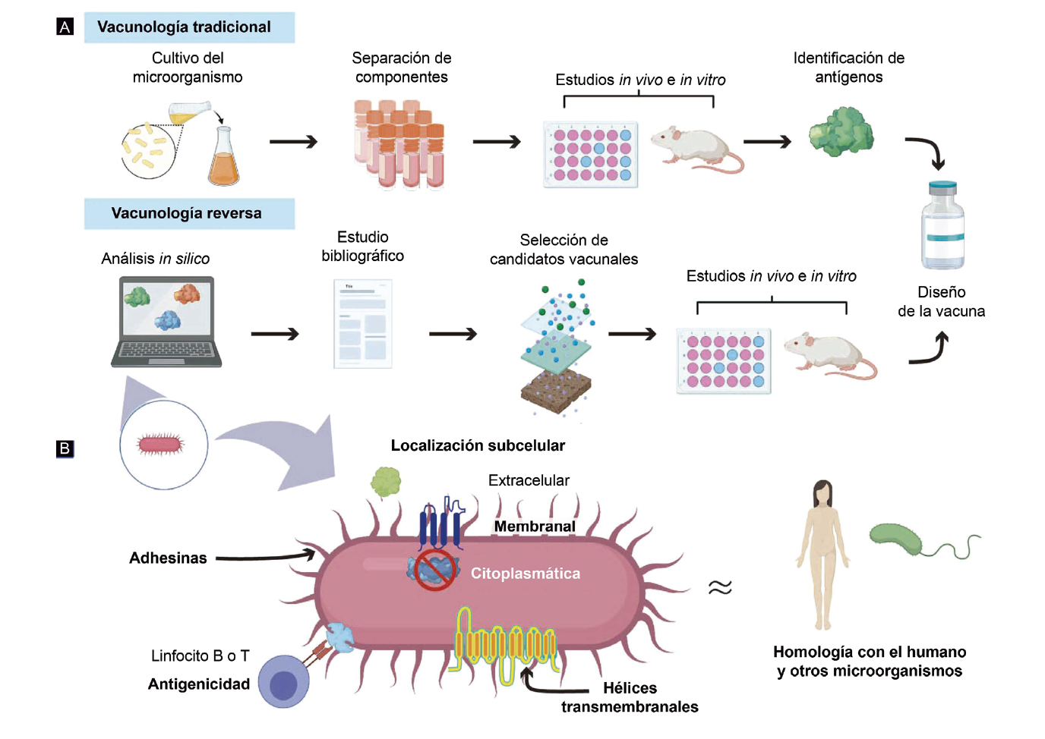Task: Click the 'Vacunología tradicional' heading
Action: [185, 27]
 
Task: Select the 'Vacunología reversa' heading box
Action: [187, 214]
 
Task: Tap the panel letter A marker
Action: [65, 27]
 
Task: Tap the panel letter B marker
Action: [65, 448]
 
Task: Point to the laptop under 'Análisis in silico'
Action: [167, 322]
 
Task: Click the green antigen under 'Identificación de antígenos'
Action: [841, 131]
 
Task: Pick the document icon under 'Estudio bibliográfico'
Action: [363, 324]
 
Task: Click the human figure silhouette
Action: [822, 554]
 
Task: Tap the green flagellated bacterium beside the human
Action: [900, 538]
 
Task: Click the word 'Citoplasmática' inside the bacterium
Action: [525, 574]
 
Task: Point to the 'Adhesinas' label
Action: [168, 558]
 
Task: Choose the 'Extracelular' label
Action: [529, 480]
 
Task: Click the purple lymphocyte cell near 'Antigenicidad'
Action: [284, 682]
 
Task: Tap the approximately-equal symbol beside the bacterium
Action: [720, 587]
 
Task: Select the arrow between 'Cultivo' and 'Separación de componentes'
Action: [293, 142]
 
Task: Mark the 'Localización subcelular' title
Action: [478, 445]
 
